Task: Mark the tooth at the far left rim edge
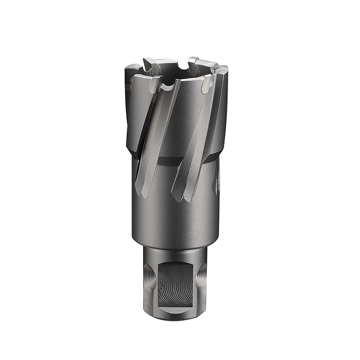tap(131, 70)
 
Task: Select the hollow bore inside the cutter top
tap(178, 74)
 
